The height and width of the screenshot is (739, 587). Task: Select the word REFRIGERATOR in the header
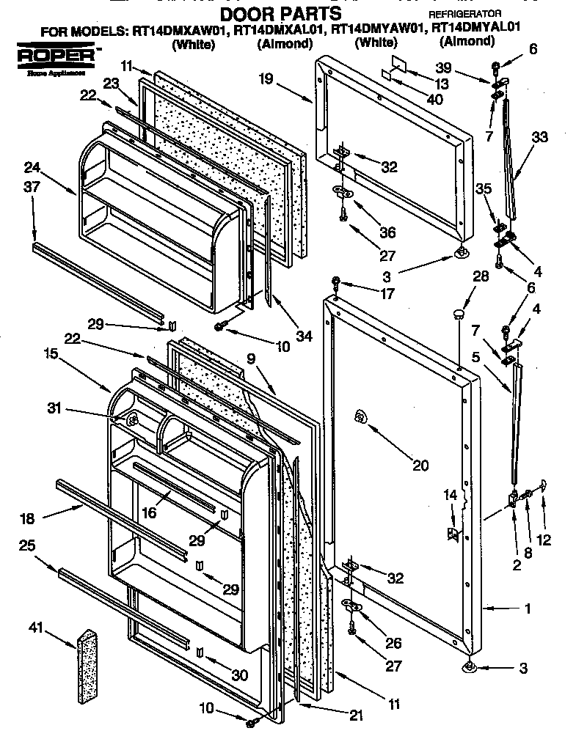click(464, 14)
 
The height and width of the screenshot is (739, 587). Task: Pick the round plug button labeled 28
click(459, 314)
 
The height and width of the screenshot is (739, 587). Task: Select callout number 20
click(420, 466)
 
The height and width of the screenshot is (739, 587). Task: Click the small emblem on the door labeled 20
click(360, 416)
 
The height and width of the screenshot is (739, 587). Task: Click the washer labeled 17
click(335, 281)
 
